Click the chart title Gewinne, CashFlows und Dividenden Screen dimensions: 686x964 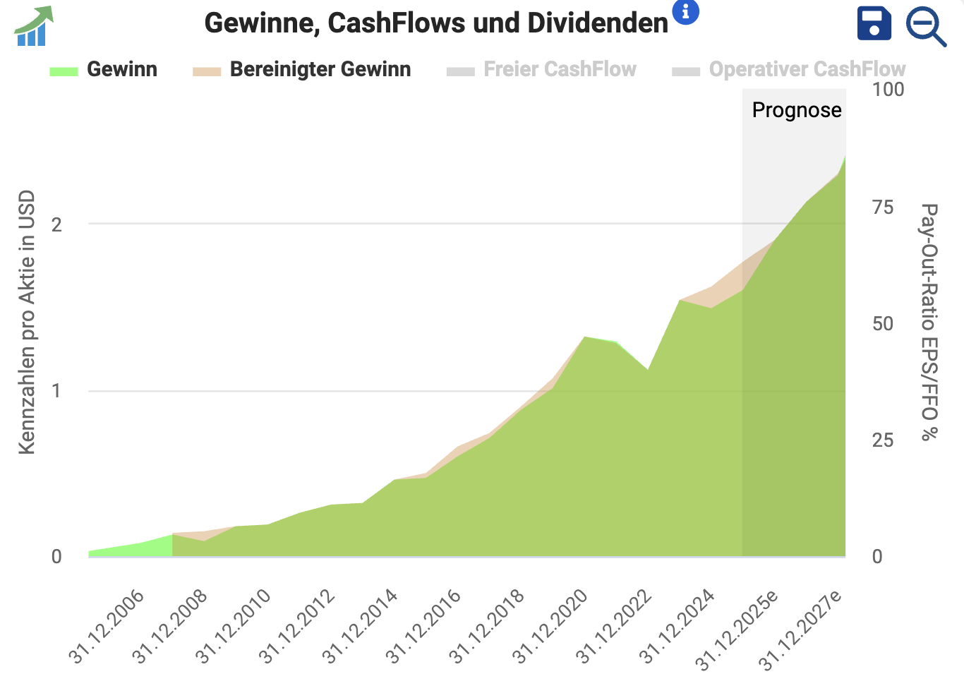click(x=435, y=23)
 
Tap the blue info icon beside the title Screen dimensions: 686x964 click(x=685, y=11)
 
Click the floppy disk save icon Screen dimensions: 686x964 click(x=874, y=24)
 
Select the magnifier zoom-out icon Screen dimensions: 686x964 click(x=925, y=26)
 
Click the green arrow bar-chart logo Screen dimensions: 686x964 click(x=34, y=26)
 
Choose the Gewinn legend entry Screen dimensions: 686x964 click(x=104, y=70)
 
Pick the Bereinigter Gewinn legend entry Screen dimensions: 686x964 click(x=302, y=70)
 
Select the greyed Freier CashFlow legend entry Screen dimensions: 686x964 click(x=542, y=70)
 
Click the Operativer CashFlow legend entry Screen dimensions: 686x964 click(x=789, y=70)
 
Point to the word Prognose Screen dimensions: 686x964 click(x=797, y=110)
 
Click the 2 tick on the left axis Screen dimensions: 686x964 click(x=56, y=224)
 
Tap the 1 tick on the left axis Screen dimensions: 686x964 click(x=56, y=391)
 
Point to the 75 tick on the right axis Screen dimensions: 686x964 click(x=883, y=207)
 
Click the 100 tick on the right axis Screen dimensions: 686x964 click(x=888, y=90)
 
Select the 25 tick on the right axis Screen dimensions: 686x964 click(x=883, y=440)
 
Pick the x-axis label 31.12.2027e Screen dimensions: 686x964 click(x=801, y=630)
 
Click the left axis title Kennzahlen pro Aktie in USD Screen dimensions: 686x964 click(x=27, y=322)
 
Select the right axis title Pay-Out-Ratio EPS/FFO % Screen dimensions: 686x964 click(x=929, y=322)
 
